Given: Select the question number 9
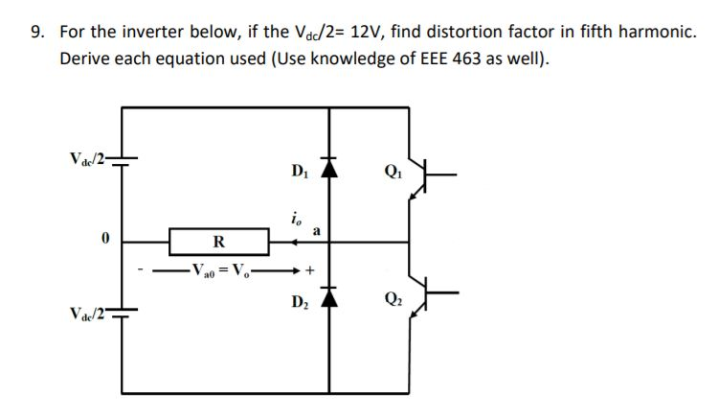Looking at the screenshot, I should [x=36, y=33].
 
